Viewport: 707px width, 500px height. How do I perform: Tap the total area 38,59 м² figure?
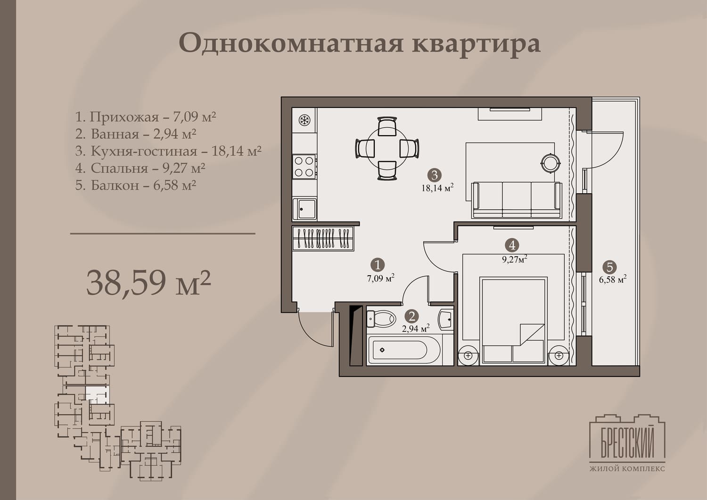click(x=148, y=282)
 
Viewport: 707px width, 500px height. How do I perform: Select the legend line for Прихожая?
click(x=146, y=117)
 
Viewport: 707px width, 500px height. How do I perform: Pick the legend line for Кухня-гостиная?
click(x=168, y=151)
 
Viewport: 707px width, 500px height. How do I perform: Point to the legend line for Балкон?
click(x=136, y=185)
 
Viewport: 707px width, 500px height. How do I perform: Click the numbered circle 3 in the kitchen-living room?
click(x=434, y=175)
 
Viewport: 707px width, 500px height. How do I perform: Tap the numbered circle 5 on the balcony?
click(x=609, y=267)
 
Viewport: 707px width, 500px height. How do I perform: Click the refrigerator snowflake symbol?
click(x=304, y=120)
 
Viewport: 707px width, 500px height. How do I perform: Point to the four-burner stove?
click(x=304, y=167)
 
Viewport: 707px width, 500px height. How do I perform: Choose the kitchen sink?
click(x=304, y=209)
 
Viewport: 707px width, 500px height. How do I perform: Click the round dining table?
click(x=387, y=148)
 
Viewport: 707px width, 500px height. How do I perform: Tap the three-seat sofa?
click(x=517, y=200)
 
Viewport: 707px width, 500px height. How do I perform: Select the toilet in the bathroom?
click(x=381, y=319)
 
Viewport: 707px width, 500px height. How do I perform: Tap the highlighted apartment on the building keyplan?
click(x=97, y=394)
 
